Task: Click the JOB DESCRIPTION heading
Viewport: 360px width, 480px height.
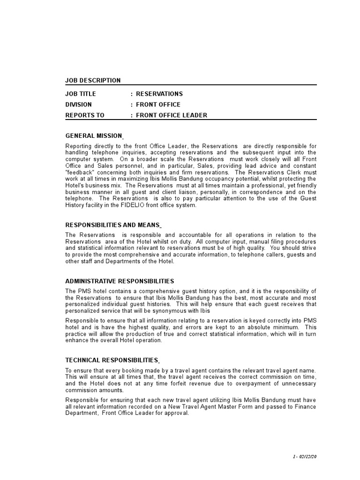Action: [93, 81]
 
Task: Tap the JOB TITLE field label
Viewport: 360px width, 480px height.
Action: [81, 94]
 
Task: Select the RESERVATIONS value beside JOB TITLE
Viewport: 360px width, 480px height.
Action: [159, 94]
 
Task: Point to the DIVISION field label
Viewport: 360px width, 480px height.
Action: [79, 105]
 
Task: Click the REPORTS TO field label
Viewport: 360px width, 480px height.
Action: [85, 115]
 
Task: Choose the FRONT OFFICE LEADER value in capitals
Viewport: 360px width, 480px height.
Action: [172, 115]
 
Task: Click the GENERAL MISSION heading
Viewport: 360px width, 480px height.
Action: [94, 136]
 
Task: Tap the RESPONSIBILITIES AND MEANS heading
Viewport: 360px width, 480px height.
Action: [112, 225]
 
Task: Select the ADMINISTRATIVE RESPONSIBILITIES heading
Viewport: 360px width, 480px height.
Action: [120, 281]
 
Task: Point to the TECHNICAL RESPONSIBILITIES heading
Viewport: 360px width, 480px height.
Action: [112, 360]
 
